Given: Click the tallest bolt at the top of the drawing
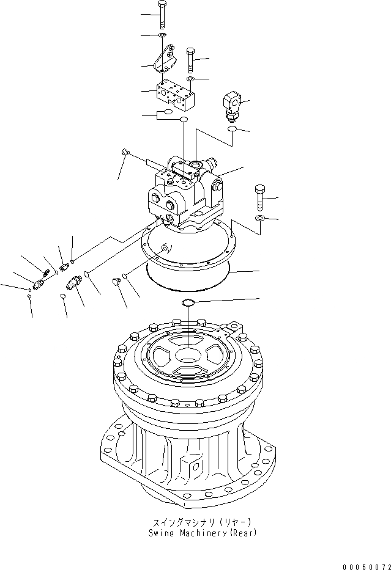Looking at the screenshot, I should (162, 15).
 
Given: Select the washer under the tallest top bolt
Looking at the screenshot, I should (163, 37).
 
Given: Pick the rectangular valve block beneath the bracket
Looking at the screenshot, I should (175, 94).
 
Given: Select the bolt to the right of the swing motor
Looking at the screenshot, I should (259, 197).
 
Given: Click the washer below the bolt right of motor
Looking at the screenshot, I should (259, 218).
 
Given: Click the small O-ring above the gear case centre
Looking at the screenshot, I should (188, 303).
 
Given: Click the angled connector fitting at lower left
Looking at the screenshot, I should (75, 283).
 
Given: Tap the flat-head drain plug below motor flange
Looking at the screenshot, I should (113, 282).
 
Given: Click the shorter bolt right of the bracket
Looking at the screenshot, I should (190, 60).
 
